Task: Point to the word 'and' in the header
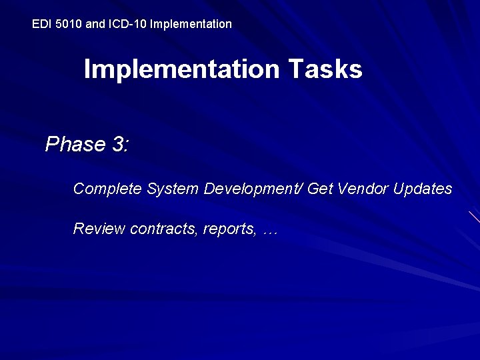click(96, 24)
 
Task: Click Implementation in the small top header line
click(191, 24)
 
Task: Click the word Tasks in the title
click(325, 69)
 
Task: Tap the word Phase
click(75, 145)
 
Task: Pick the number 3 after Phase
click(120, 145)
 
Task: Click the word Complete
click(107, 189)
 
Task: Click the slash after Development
click(303, 189)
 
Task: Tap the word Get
click(320, 189)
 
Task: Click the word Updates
click(423, 189)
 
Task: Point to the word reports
click(230, 229)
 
